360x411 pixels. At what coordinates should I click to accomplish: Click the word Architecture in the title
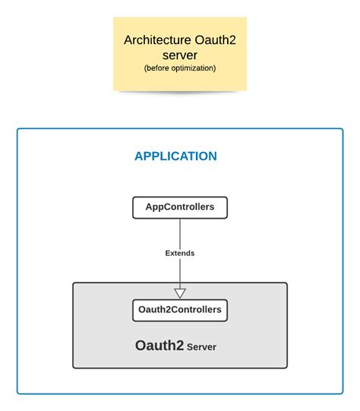(157, 40)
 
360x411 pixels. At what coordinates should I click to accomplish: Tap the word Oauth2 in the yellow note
(215, 40)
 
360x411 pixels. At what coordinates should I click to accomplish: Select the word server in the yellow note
(180, 55)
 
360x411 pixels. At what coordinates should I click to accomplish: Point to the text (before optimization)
(180, 68)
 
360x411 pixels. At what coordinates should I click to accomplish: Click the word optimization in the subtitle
(193, 68)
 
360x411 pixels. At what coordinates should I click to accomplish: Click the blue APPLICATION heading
(175, 156)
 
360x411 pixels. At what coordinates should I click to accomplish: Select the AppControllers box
(180, 207)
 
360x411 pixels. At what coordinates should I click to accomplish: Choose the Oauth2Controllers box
(180, 311)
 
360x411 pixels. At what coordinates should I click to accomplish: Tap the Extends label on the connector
(180, 253)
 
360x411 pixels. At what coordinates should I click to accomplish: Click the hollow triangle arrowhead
(180, 292)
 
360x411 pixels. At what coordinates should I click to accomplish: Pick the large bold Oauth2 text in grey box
(159, 346)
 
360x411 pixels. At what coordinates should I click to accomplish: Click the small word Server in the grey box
(201, 347)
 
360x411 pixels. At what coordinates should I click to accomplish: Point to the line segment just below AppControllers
(180, 233)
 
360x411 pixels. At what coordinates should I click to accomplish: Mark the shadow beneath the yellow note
(180, 92)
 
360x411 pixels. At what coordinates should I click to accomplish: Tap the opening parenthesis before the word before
(145, 68)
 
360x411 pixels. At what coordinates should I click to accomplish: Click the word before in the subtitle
(158, 68)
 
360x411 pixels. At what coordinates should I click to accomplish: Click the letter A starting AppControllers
(149, 207)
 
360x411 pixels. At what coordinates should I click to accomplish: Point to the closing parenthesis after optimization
(215, 68)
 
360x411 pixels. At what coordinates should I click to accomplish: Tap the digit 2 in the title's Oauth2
(232, 40)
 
